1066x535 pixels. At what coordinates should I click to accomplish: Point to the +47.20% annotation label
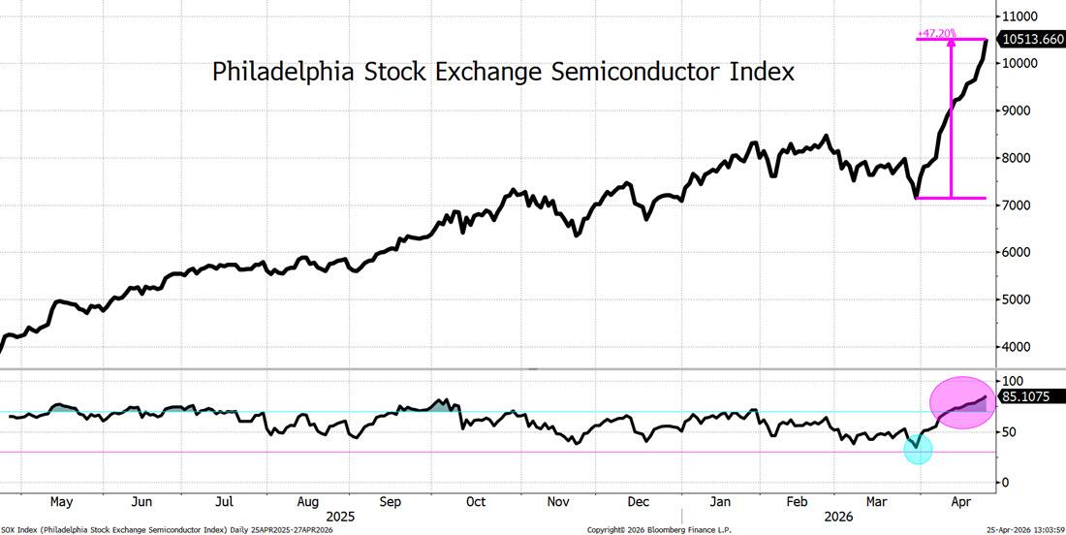click(x=936, y=33)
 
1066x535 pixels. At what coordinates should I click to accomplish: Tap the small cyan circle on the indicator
click(x=918, y=449)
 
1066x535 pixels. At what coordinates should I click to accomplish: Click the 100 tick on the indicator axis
click(x=1014, y=382)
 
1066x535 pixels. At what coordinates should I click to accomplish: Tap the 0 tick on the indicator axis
click(x=1006, y=483)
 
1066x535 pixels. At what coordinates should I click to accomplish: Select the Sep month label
click(x=390, y=502)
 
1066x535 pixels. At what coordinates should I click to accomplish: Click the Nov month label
click(x=557, y=502)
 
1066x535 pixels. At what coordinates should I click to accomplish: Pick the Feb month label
click(x=797, y=502)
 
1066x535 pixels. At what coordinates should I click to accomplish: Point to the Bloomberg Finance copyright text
click(x=659, y=529)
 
